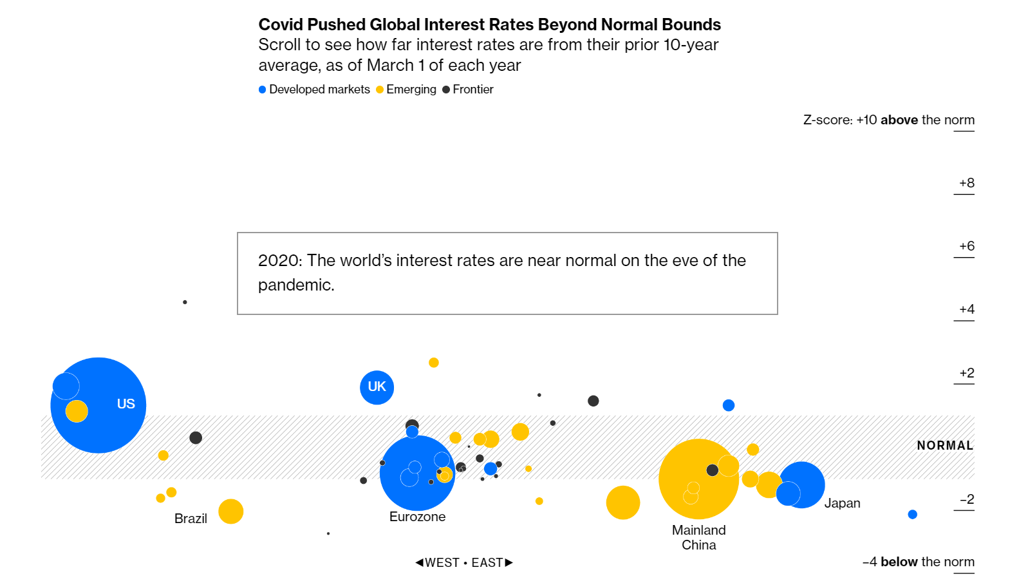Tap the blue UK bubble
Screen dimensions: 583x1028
377,387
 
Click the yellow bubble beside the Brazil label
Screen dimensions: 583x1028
230,511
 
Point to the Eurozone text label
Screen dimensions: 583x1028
417,517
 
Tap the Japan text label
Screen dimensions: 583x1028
842,503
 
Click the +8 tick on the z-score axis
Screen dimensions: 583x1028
966,183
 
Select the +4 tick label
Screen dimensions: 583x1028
966,309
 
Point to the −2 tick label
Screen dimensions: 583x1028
966,499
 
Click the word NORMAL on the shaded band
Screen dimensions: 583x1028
944,445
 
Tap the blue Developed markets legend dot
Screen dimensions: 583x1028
263,90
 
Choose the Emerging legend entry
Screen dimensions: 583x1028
411,90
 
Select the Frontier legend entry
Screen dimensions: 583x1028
472,90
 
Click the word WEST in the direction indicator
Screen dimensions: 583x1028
442,562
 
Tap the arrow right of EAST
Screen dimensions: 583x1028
509,562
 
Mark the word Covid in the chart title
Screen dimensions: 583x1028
281,24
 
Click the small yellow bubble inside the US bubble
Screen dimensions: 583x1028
77,411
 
